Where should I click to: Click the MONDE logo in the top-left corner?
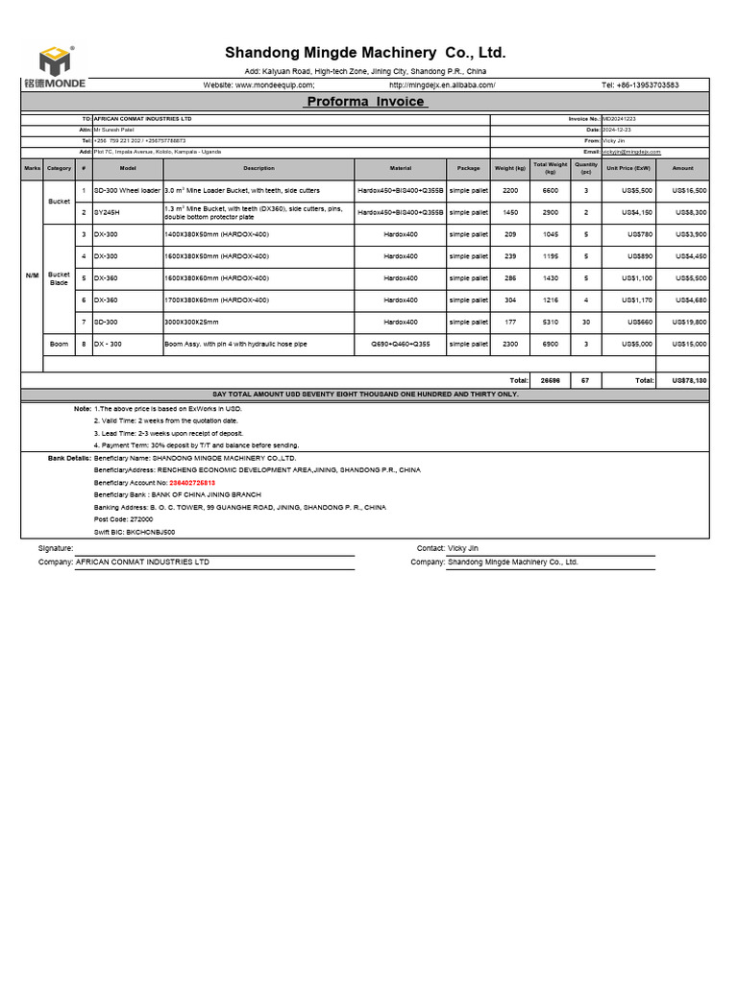(x=56, y=67)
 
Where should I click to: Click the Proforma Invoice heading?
(x=365, y=101)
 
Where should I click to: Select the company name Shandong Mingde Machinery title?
(x=365, y=52)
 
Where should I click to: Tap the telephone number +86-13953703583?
(x=640, y=84)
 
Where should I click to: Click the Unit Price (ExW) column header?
(x=629, y=168)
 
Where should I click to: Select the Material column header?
(x=401, y=168)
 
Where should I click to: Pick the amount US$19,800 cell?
(x=689, y=322)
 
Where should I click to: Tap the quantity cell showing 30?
(x=586, y=322)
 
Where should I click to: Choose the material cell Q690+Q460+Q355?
(x=401, y=343)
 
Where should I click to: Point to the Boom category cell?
(x=59, y=343)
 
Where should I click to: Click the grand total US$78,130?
(x=689, y=380)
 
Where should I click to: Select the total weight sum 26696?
(x=550, y=380)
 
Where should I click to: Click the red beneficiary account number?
(x=183, y=482)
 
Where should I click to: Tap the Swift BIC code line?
(x=135, y=531)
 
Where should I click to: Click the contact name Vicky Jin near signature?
(x=463, y=548)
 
